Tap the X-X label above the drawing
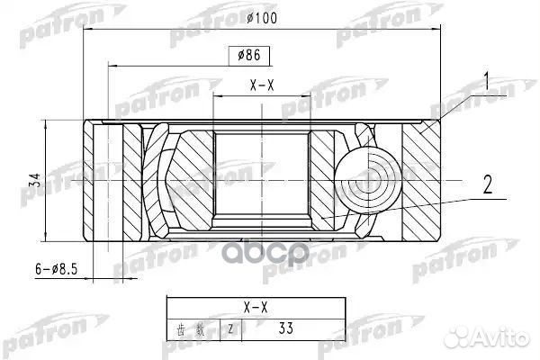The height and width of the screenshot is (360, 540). [x=262, y=85]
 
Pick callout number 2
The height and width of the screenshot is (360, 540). [x=487, y=187]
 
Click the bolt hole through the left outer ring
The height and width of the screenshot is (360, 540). [x=108, y=181]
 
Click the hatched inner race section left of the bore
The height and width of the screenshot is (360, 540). [x=191, y=180]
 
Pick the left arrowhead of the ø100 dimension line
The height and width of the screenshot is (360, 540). [x=87, y=29]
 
